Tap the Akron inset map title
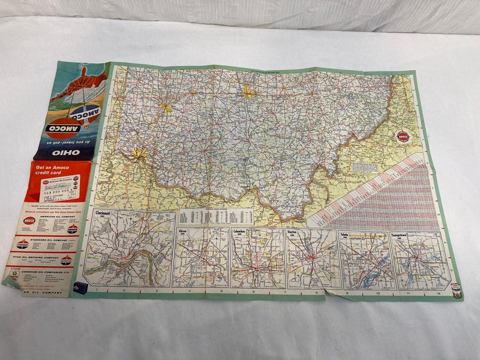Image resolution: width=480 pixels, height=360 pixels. pos(184,231)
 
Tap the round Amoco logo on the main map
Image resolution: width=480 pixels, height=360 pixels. pos(402,137)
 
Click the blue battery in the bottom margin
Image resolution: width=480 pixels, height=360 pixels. pos(78,289)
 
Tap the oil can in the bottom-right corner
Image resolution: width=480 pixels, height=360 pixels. pos(457,291)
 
